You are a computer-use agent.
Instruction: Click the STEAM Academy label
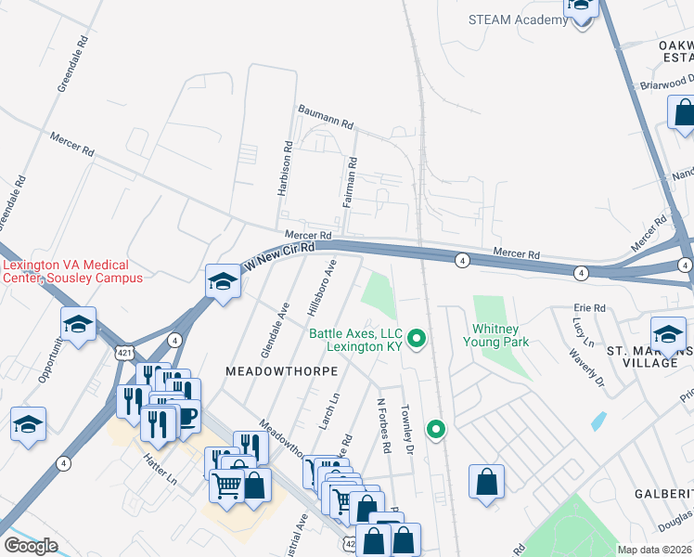pos(518,19)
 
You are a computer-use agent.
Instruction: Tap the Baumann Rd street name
pos(326,116)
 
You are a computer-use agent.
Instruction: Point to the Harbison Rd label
pos(286,168)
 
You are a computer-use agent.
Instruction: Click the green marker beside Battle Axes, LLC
pos(417,339)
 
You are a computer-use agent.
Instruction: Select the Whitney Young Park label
pos(500,335)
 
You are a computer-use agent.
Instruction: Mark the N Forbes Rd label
pos(382,426)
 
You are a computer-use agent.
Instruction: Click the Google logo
pos(31,546)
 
